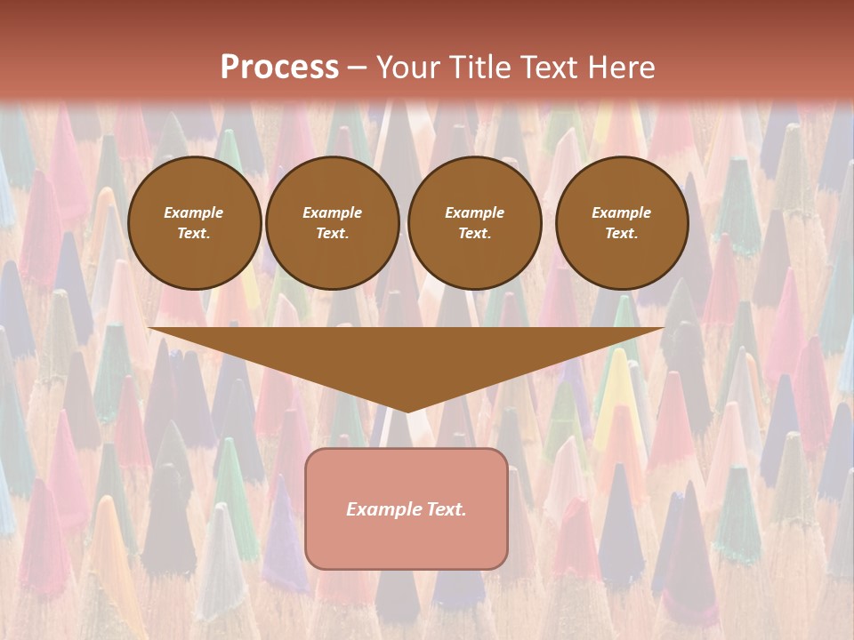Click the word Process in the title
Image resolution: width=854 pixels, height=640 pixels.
pyautogui.click(x=279, y=68)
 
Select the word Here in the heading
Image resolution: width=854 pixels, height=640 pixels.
pyautogui.click(x=620, y=68)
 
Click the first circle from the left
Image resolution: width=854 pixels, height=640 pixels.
pyautogui.click(x=194, y=222)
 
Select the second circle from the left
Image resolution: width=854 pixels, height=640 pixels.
pyautogui.click(x=332, y=222)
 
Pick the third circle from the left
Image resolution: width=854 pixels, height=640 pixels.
pyautogui.click(x=474, y=222)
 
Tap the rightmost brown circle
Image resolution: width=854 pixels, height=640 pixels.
pyautogui.click(x=621, y=222)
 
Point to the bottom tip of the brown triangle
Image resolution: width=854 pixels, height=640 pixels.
pyautogui.click(x=407, y=410)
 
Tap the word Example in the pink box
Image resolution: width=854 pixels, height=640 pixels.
pyautogui.click(x=380, y=509)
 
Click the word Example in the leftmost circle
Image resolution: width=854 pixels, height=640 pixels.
pyautogui.click(x=194, y=212)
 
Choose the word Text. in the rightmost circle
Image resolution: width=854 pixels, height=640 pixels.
pyautogui.click(x=621, y=233)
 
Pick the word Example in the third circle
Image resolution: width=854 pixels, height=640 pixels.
pyautogui.click(x=474, y=212)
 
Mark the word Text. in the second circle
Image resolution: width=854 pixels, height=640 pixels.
pyautogui.click(x=332, y=233)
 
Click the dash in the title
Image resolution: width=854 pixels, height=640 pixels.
pyautogui.click(x=357, y=68)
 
